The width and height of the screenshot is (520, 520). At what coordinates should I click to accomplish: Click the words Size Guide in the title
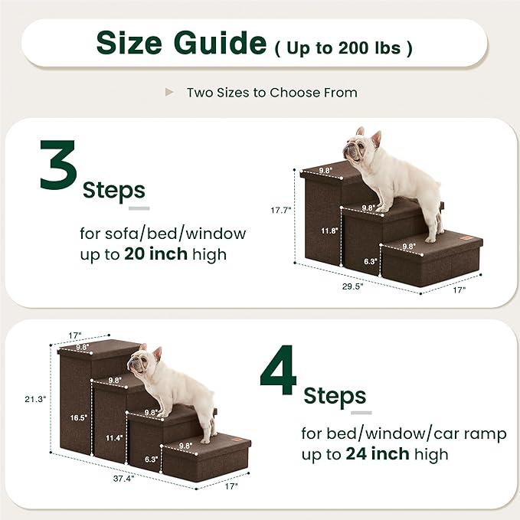181,44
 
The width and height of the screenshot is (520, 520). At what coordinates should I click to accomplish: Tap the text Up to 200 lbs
343,47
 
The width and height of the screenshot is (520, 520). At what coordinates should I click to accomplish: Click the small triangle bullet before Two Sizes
169,92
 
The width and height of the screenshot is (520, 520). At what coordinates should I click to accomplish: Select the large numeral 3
59,173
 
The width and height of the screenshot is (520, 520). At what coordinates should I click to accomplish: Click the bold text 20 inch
155,254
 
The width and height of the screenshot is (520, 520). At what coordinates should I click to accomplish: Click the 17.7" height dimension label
281,211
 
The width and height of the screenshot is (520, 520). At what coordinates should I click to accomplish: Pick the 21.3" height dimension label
35,399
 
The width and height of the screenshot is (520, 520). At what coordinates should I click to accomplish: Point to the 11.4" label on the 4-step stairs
113,437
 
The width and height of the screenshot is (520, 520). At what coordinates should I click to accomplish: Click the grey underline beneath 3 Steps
139,208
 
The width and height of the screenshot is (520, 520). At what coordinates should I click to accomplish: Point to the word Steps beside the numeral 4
335,397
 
